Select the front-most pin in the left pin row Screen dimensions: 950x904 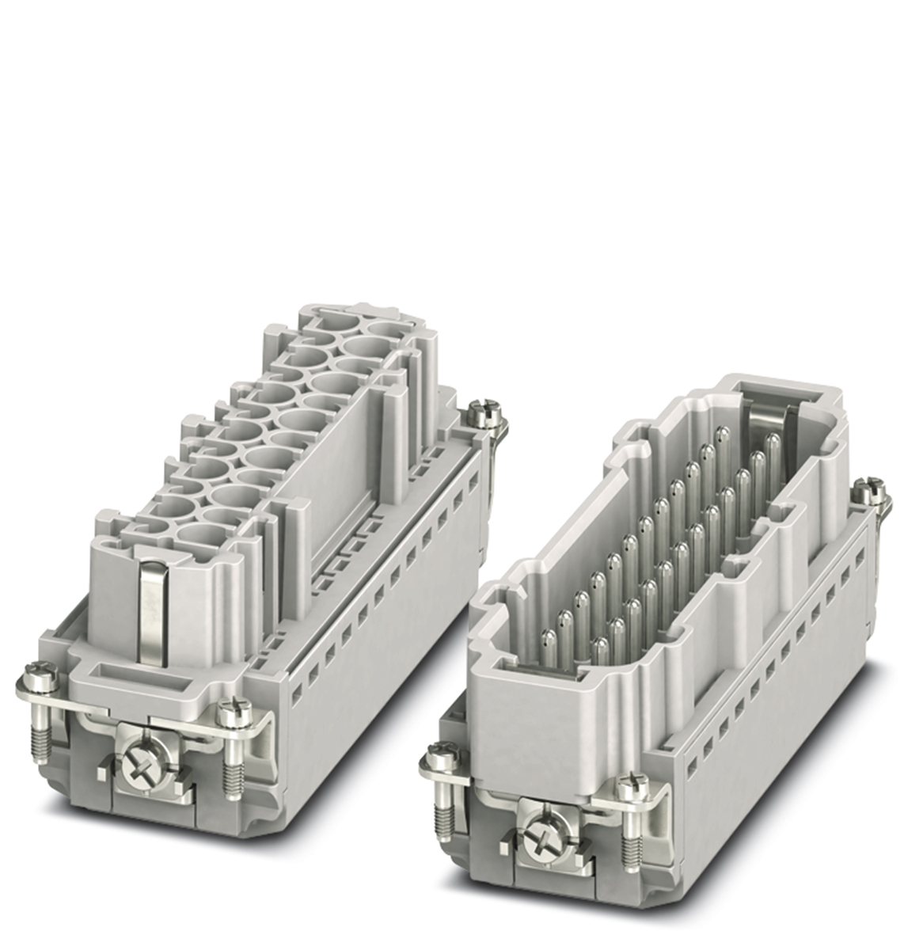546,617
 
